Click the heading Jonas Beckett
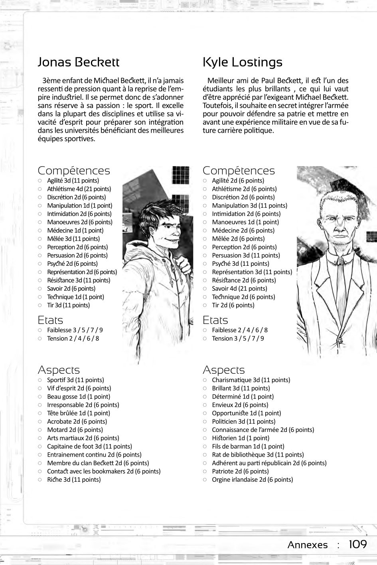tap(78, 62)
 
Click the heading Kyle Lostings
tap(242, 62)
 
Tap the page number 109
tap(357, 544)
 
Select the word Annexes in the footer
tap(308, 545)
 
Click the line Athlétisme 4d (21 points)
tap(79, 189)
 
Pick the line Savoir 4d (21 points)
tap(239, 288)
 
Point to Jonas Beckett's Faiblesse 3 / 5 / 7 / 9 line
tap(75, 330)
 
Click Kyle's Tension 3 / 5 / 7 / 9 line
tap(238, 338)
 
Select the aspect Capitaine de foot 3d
tap(89, 446)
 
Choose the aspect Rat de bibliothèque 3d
tap(258, 455)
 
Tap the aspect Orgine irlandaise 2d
tap(252, 479)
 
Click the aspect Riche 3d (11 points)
tap(74, 479)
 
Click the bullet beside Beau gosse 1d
tap(40, 397)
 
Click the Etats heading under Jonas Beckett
tap(50, 320)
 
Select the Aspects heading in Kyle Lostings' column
tap(223, 370)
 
